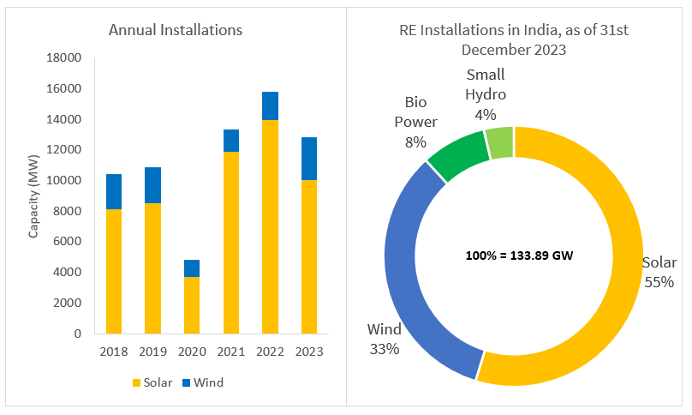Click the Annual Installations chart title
coord(176,30)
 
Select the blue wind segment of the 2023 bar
coord(308,159)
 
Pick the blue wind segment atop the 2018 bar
coord(114,191)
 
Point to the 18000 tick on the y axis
coord(63,58)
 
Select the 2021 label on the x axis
coord(230,352)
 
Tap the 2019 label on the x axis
coord(152,352)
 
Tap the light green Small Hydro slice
coord(499,141)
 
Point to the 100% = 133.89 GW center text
coord(513,256)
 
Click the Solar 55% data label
coord(659,272)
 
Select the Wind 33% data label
coord(384,339)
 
